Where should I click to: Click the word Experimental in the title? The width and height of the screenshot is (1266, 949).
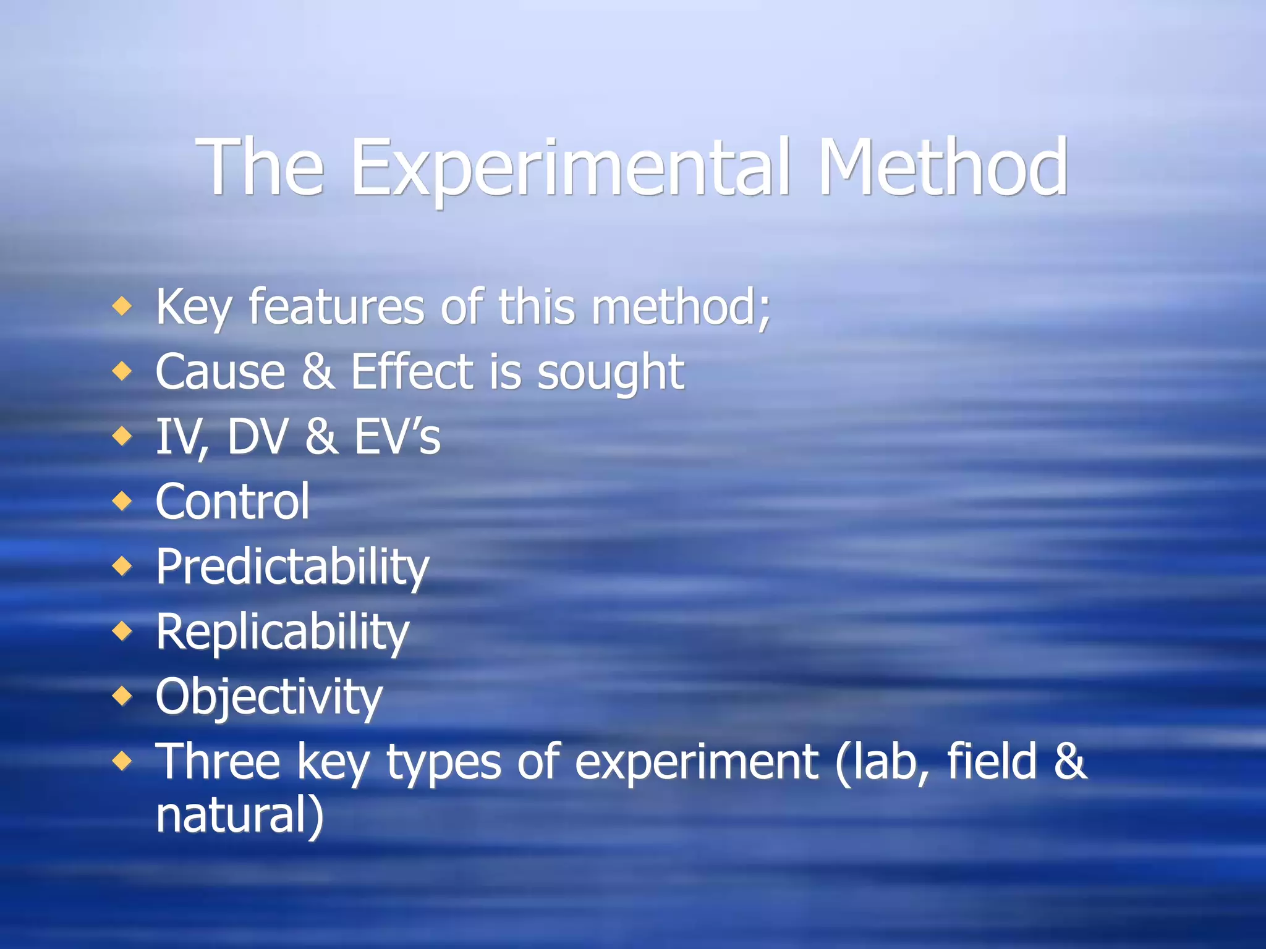(570, 168)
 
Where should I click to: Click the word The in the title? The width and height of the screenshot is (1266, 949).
(260, 168)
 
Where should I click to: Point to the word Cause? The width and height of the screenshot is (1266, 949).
(220, 372)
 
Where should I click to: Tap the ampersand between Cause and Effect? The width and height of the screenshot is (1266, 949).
(318, 372)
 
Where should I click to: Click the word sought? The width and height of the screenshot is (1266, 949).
(610, 373)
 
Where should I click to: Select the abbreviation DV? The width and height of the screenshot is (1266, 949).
(258, 437)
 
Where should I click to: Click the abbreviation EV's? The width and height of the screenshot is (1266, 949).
(396, 437)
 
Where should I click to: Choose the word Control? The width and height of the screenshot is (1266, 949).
(232, 501)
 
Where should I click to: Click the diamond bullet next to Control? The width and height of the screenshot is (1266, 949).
(122, 500)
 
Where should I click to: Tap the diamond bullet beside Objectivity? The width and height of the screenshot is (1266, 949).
(122, 696)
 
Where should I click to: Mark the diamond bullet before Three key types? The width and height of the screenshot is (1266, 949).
(122, 761)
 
